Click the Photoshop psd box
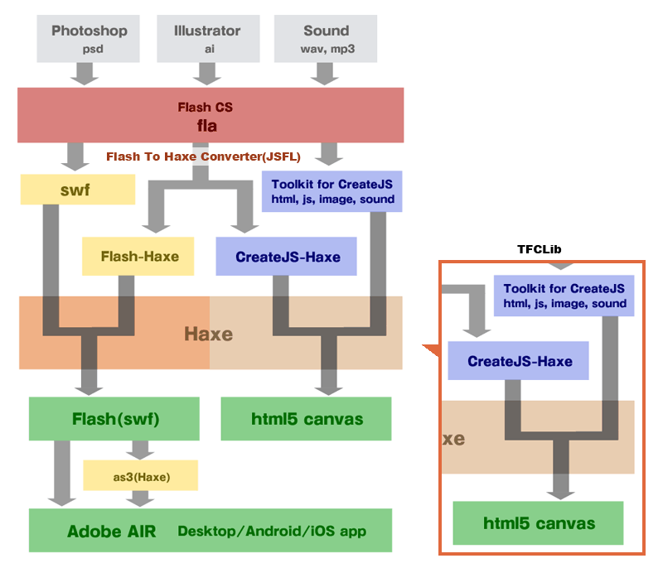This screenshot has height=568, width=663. (x=90, y=38)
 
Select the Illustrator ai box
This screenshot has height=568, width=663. (x=207, y=38)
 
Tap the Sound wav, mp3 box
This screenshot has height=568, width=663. (x=326, y=38)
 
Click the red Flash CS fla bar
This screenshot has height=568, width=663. (x=211, y=115)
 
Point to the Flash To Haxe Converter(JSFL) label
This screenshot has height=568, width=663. (x=203, y=156)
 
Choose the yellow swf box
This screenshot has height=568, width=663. (x=77, y=189)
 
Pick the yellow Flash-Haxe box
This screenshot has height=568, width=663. (x=140, y=256)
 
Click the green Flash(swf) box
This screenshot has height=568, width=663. (x=114, y=419)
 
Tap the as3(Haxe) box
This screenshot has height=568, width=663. (x=140, y=475)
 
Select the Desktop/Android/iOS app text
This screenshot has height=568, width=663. (x=272, y=531)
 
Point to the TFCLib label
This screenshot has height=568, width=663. (x=540, y=248)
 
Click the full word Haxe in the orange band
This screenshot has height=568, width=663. (x=208, y=335)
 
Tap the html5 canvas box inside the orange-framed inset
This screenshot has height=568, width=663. (x=539, y=523)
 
